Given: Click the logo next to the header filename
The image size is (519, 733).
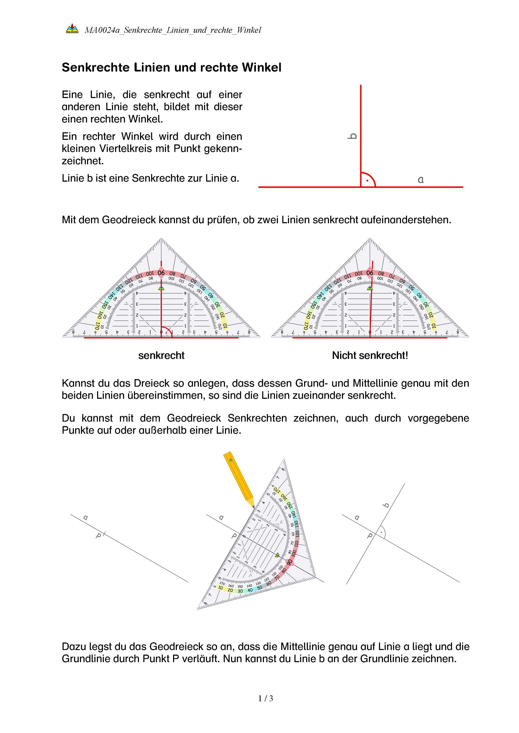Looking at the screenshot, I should (72, 29).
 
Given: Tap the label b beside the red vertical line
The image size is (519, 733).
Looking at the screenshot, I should (352, 136).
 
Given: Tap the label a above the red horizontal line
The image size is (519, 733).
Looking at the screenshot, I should (421, 180).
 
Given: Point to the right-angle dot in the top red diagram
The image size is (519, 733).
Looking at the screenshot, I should (367, 181).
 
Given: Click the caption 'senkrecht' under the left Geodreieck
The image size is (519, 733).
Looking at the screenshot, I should (161, 355).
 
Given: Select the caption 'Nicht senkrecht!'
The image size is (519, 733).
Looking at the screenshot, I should (370, 355).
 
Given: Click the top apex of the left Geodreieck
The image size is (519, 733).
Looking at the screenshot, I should (161, 239).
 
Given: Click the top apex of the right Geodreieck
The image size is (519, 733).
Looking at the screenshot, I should (370, 239).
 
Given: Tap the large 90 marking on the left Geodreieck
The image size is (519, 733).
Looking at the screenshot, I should (161, 273).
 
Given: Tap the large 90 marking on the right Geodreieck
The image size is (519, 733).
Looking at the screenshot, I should (370, 273).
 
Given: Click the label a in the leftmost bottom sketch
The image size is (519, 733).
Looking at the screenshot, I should (85, 518).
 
